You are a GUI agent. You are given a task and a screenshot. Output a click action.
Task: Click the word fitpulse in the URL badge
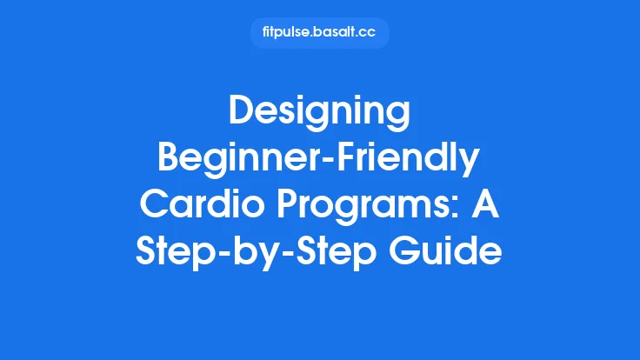click(x=288, y=33)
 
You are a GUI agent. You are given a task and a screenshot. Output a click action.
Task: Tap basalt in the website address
click(x=338, y=33)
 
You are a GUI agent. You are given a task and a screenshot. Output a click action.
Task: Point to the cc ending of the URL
click(x=371, y=33)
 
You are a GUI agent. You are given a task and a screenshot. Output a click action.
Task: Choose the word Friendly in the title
click(x=407, y=161)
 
